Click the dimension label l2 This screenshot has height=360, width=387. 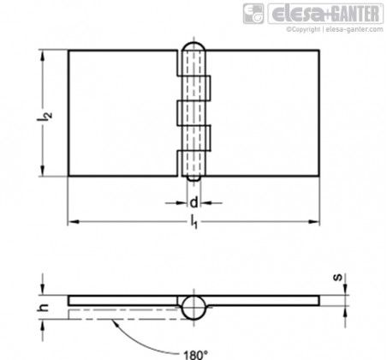[44, 115]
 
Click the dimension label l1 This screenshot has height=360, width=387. [194, 222]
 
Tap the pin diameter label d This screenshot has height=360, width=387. [193, 202]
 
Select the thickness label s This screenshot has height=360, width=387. [338, 277]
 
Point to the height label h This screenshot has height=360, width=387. [44, 307]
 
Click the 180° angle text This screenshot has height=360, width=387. [195, 355]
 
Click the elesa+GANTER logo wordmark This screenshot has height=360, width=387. [325, 14]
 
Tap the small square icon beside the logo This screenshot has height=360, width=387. [253, 14]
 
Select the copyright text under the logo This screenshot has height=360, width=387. [335, 29]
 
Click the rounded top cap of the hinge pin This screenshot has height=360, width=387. [193, 46]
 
